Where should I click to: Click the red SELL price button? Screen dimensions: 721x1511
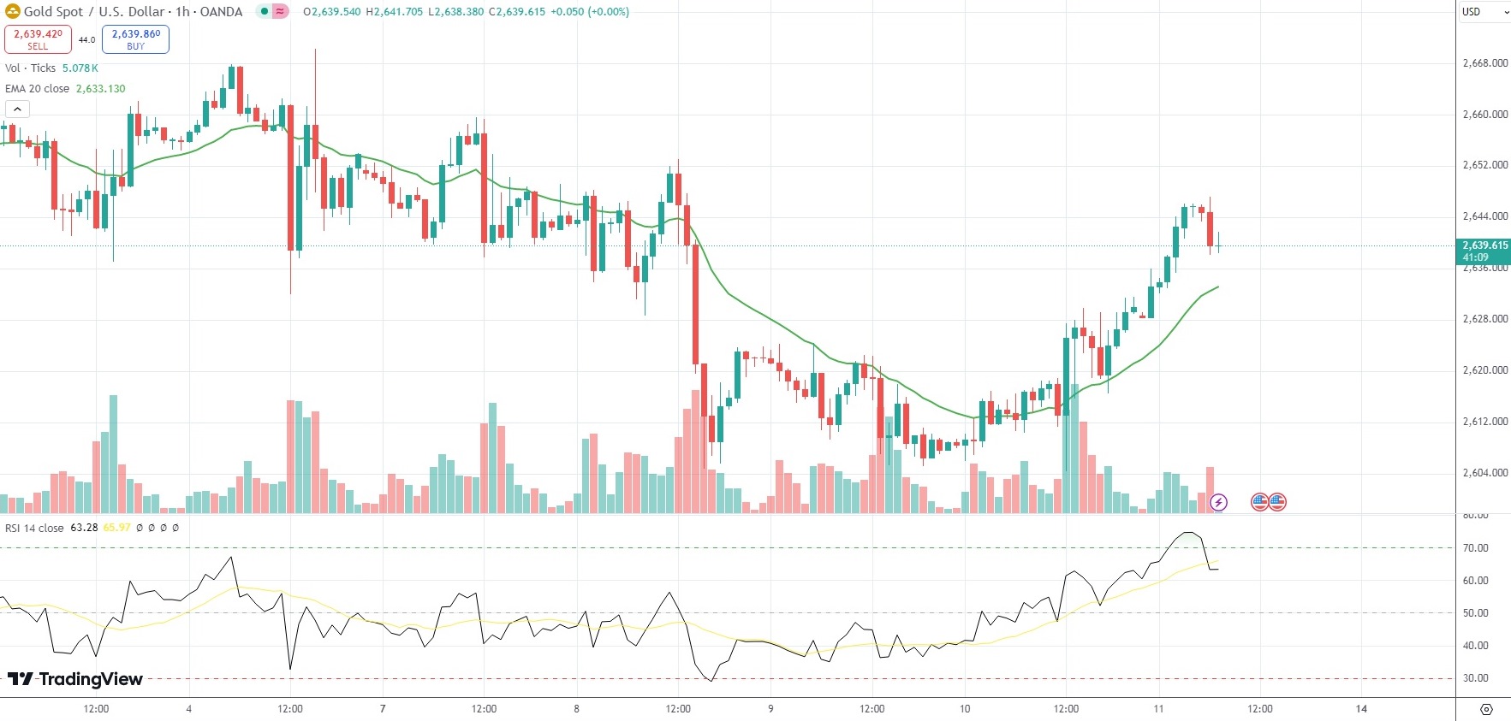pos(38,38)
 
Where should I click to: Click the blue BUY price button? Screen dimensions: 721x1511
pos(135,38)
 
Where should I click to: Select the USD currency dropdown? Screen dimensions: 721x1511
pos(1483,12)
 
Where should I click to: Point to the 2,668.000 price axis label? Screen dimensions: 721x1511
pos(1484,63)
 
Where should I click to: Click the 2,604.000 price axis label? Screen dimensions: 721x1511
pos(1484,473)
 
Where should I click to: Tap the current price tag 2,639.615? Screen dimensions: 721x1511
pos(1484,251)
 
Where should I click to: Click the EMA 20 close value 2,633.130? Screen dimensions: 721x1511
pos(100,89)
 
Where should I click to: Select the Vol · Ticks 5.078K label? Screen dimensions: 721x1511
pos(51,68)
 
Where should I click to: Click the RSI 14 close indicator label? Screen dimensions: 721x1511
pos(34,528)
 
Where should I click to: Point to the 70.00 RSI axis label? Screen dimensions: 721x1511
pos(1475,548)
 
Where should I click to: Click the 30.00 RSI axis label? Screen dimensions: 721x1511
pos(1475,678)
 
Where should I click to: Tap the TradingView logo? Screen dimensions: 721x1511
pos(75,679)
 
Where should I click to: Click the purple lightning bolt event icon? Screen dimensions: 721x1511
pos(1218,502)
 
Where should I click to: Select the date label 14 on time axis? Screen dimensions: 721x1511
pos(1361,709)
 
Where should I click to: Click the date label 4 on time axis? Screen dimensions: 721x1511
pos(188,709)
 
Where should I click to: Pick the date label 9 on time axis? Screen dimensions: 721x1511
pos(770,709)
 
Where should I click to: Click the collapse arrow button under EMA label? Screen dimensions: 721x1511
pos(17,109)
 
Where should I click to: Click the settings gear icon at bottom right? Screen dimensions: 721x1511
pos(1486,709)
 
